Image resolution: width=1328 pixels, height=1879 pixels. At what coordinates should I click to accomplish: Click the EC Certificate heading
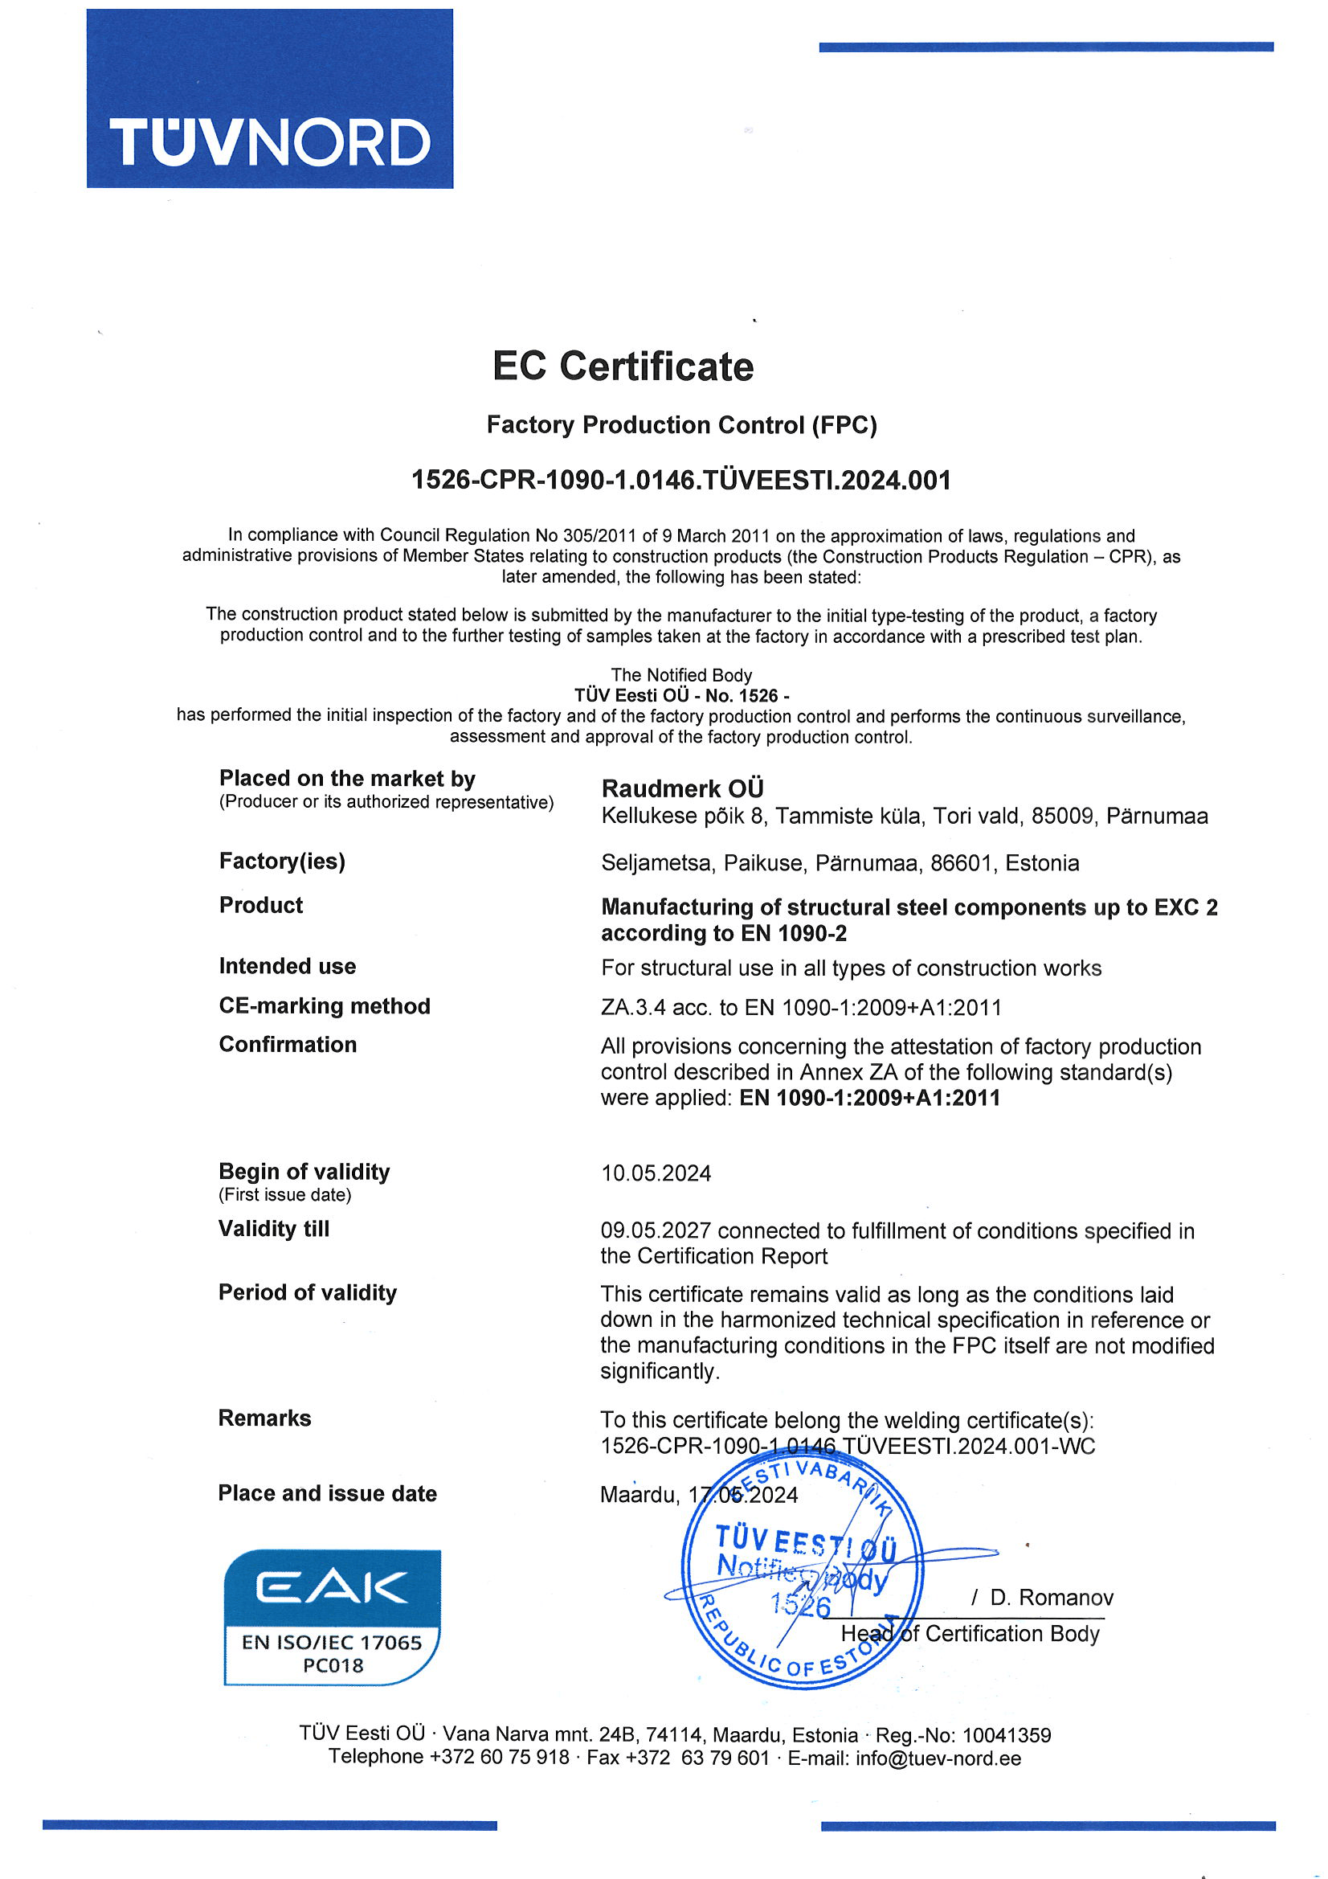point(623,366)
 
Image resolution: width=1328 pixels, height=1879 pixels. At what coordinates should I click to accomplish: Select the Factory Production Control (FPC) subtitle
point(681,424)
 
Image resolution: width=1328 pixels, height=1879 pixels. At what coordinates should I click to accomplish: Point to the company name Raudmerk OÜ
point(682,788)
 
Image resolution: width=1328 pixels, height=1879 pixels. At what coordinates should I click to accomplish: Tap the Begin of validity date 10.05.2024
point(656,1173)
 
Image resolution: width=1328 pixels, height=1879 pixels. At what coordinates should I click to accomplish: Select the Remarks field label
point(264,1418)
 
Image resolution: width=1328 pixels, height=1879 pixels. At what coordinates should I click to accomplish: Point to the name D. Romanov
point(1052,1597)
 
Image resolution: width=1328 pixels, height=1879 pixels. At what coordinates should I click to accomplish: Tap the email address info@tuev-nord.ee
point(938,1758)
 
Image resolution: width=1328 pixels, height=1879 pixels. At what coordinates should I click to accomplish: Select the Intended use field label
point(287,966)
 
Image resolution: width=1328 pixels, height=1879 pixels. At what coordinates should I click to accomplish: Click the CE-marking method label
point(324,1005)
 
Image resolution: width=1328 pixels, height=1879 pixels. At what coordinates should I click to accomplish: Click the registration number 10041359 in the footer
point(1007,1734)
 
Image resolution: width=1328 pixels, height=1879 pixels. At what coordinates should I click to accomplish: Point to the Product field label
point(261,905)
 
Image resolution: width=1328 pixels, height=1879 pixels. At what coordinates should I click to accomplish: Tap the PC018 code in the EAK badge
point(333,1664)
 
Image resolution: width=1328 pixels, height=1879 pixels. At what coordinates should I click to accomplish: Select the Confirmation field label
point(287,1044)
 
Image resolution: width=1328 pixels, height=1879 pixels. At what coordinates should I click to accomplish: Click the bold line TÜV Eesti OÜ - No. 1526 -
point(681,695)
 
